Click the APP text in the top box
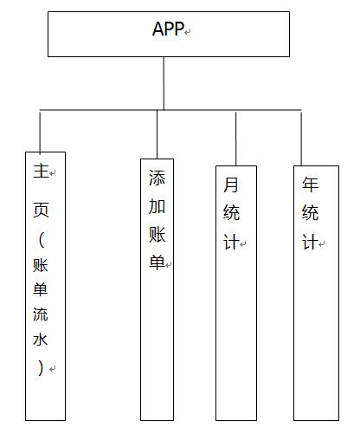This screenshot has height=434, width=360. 168,29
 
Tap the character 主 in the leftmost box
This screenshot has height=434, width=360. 41,171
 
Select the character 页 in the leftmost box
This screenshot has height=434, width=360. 41,210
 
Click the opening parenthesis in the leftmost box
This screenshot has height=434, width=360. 42,240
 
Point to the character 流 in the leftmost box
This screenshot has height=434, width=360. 41,314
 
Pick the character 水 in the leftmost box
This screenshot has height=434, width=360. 41,340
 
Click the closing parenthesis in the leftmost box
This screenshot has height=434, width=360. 41,367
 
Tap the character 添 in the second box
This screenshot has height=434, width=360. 157,178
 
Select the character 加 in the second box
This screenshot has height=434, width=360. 157,206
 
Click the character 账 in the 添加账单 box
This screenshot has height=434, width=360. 157,235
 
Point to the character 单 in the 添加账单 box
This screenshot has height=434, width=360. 157,262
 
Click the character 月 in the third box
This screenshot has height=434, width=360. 231,185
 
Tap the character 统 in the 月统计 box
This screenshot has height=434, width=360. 231,213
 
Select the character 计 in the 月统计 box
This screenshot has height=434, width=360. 231,242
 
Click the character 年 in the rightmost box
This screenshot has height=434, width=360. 310,185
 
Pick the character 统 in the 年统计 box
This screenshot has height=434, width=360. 310,213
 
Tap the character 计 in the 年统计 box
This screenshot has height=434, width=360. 310,242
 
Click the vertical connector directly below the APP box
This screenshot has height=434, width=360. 164,83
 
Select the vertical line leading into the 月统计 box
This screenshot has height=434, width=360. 235,139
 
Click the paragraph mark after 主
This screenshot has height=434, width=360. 52,173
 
